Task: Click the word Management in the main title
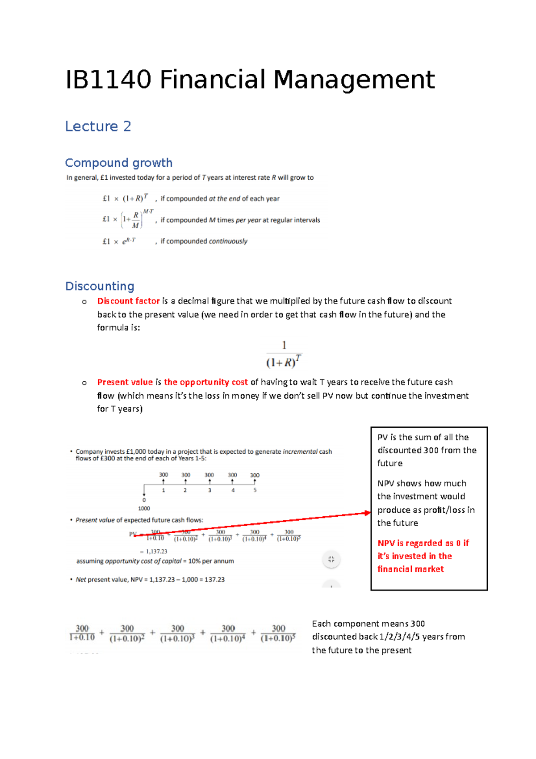click(354, 80)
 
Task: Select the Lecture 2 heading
click(98, 126)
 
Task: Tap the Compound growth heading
click(118, 163)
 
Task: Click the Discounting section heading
click(100, 286)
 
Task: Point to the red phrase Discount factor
click(128, 301)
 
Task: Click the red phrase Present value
click(125, 382)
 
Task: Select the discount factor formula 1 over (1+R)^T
click(284, 354)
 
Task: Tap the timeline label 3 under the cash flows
click(209, 490)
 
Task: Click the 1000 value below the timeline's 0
click(144, 509)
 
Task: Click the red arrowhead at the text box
click(368, 513)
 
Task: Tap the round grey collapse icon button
click(331, 559)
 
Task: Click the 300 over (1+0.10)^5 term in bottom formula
click(278, 633)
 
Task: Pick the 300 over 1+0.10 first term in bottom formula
click(82, 633)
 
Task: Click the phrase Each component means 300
click(368, 624)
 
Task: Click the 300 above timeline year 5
click(255, 475)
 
